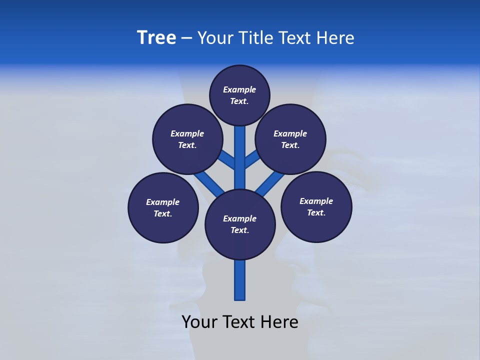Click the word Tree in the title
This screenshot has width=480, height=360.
156,38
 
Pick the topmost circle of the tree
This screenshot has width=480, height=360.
239,95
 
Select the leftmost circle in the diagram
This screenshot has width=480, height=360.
163,208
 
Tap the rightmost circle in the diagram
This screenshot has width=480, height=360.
316,207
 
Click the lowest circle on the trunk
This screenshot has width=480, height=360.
240,224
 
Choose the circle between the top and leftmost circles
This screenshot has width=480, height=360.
187,139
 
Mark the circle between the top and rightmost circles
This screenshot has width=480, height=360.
290,139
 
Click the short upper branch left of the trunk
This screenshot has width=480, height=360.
227,159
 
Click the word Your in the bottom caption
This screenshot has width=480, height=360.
200,322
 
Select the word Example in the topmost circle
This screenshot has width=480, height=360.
239,90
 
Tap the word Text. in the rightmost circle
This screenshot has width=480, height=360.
316,213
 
